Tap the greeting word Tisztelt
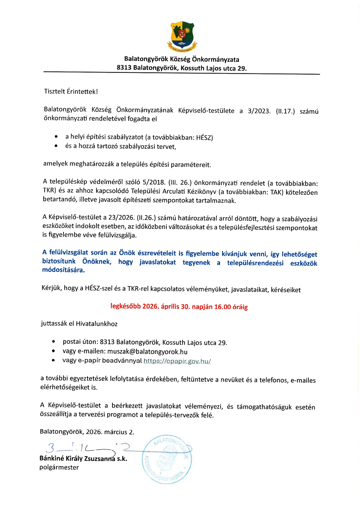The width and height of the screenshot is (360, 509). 55,91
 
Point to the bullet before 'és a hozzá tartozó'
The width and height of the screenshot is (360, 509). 56,146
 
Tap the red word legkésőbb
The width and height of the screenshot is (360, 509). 125,306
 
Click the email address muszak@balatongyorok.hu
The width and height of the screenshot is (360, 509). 147,352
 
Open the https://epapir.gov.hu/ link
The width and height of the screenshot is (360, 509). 177,361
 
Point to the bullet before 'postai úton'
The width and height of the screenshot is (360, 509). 53,342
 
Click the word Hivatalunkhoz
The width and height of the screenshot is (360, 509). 96,324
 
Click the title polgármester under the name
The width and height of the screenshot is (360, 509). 59,467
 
